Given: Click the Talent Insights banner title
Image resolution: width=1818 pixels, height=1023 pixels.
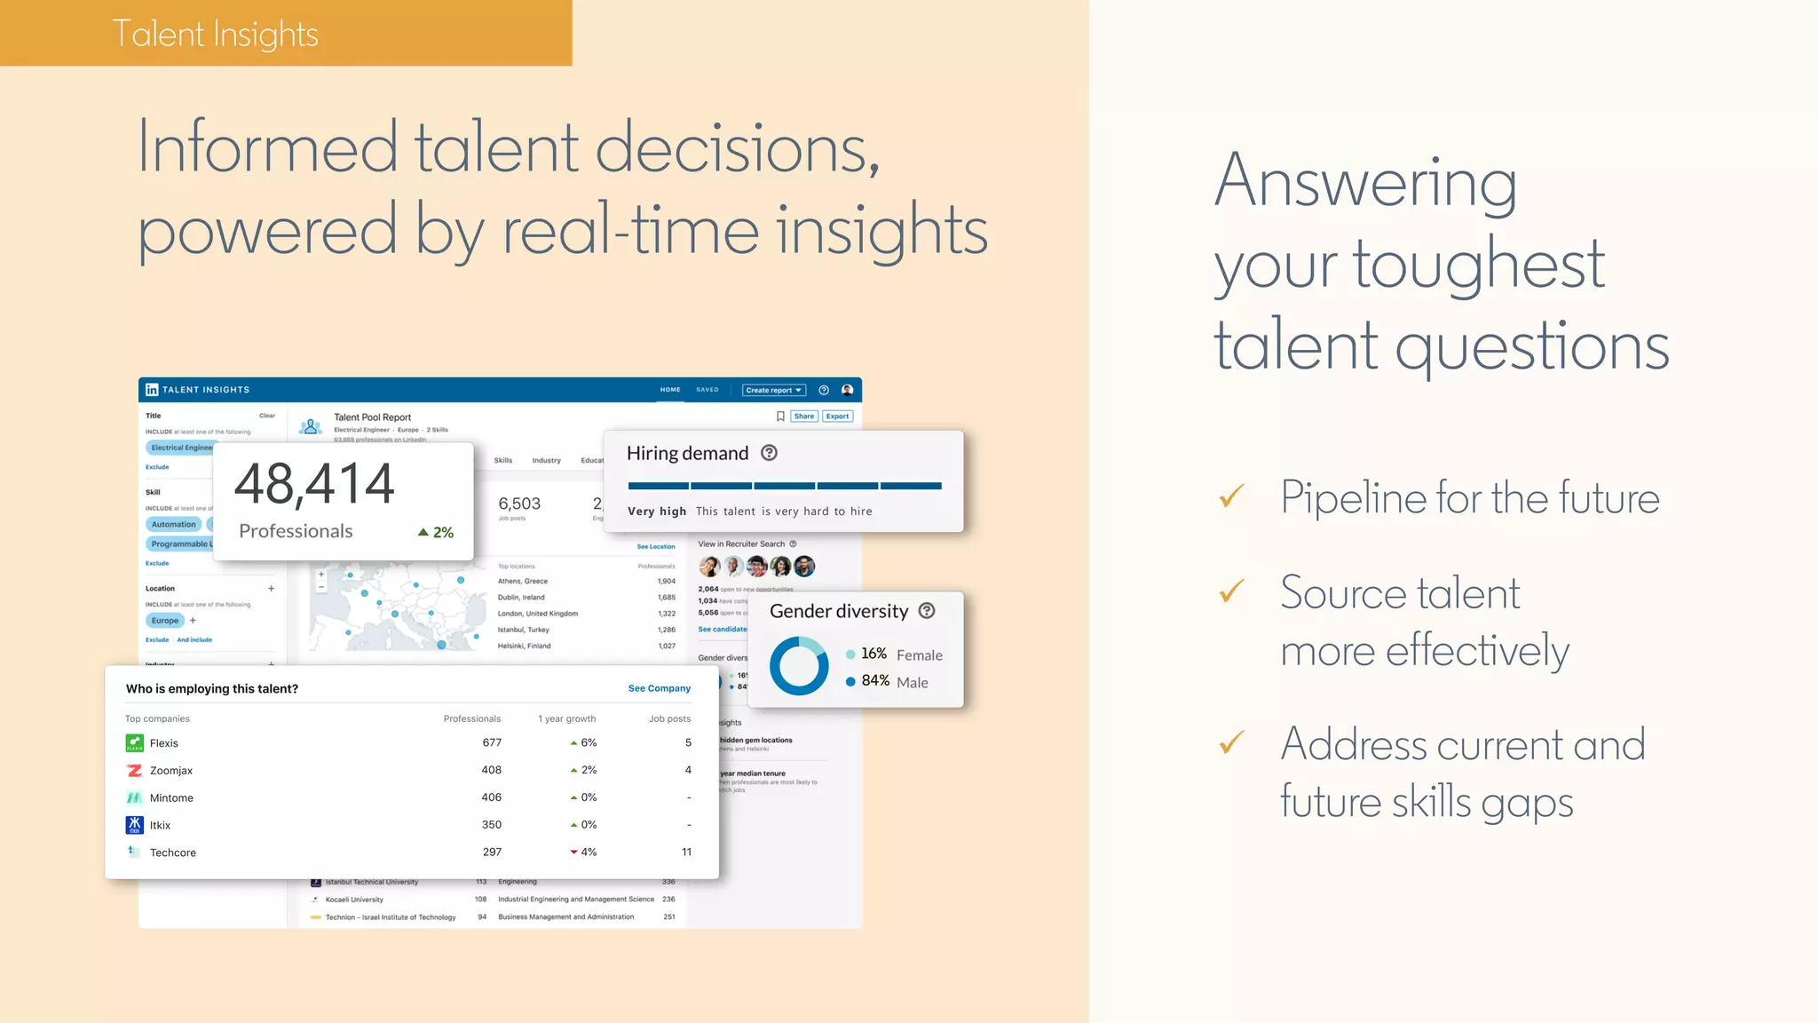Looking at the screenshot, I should click(215, 34).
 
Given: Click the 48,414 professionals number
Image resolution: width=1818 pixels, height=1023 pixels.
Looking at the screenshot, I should click(314, 485).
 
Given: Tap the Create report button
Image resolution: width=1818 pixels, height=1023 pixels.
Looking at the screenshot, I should click(773, 390).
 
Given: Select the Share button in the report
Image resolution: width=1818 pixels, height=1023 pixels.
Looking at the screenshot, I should click(803, 416).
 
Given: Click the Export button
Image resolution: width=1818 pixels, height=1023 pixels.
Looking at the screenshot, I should click(837, 416).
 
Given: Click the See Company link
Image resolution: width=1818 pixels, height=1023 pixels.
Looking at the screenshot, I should click(659, 688).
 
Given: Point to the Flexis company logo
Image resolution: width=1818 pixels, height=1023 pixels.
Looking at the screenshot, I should click(135, 742).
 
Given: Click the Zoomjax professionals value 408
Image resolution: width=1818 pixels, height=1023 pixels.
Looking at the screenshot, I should click(491, 770).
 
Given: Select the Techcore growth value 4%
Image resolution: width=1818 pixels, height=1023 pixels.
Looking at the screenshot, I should click(588, 852).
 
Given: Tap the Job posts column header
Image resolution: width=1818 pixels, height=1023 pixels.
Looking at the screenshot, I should click(669, 718).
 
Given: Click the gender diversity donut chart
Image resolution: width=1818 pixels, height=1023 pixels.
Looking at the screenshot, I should click(799, 666).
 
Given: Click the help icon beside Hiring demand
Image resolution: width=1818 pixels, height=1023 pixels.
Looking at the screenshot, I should click(770, 453).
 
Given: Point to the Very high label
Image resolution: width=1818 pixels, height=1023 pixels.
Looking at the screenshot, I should click(657, 511).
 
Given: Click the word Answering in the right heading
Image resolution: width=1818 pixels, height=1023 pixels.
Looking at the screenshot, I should click(1365, 182).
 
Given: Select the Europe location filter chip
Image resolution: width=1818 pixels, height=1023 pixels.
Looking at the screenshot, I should click(165, 621).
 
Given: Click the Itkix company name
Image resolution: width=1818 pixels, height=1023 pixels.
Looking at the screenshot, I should click(160, 825).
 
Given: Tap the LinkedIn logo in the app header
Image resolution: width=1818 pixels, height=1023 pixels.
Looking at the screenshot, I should click(152, 390).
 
